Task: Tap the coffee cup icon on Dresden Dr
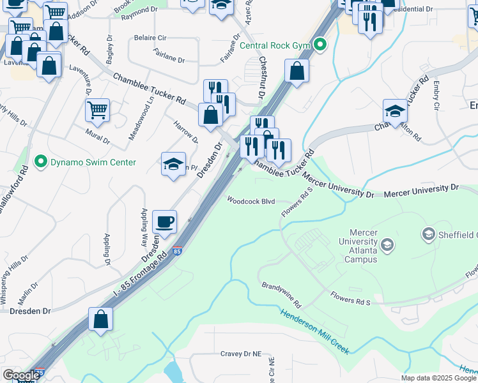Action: point(165,222)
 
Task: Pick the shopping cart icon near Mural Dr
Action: point(97,110)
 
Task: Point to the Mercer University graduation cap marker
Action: point(387,245)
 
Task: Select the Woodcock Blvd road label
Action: point(252,201)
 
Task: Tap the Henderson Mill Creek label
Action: point(314,335)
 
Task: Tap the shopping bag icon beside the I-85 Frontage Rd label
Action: point(100,319)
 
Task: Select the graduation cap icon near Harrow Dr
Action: point(173,164)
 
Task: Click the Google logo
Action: point(21,375)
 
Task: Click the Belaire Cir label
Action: point(150,38)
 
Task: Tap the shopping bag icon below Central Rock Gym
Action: point(297,71)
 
